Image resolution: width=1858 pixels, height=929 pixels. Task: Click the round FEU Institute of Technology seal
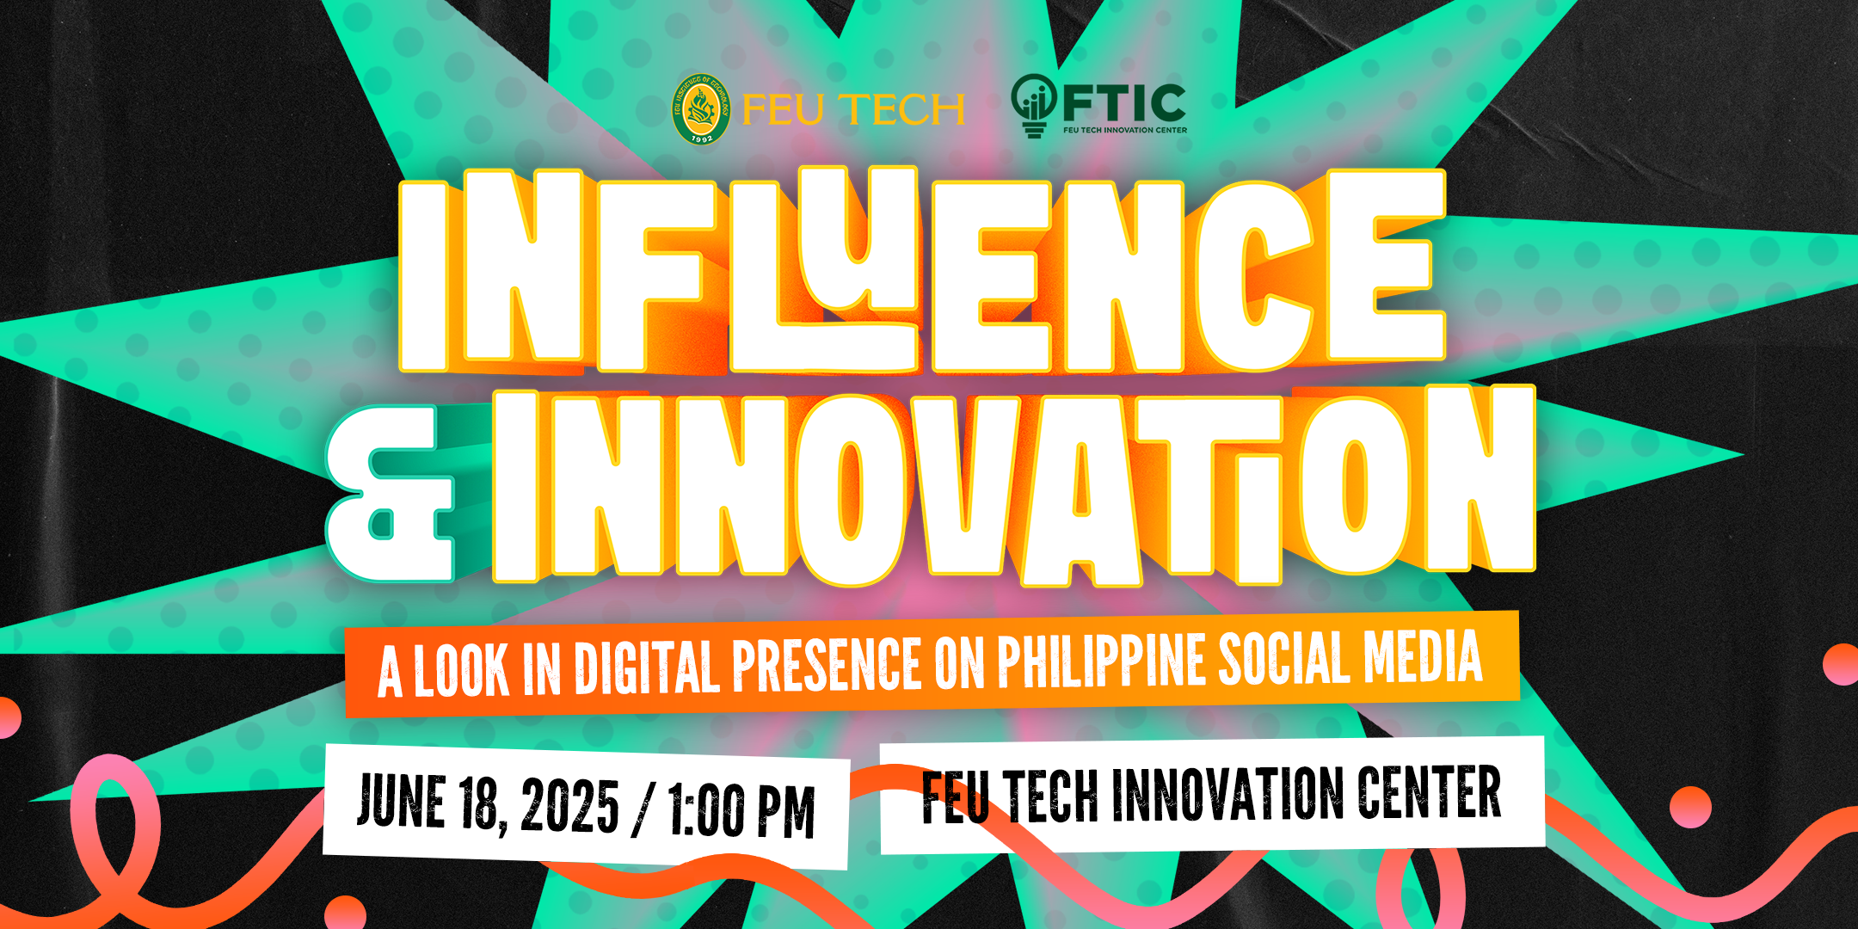[701, 109]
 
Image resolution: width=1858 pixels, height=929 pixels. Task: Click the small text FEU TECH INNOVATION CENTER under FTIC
[1125, 130]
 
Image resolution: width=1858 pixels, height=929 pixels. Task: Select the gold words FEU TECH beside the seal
[852, 110]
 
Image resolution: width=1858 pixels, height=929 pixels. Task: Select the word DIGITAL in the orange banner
[647, 667]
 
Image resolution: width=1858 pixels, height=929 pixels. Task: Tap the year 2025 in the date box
[569, 806]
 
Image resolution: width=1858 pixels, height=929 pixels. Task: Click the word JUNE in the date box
[401, 801]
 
